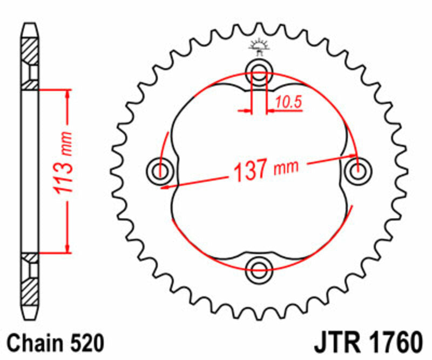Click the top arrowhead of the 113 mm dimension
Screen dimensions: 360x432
67,94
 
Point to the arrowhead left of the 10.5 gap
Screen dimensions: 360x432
248,111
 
